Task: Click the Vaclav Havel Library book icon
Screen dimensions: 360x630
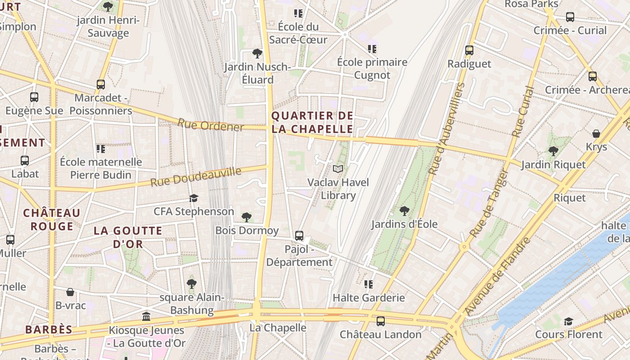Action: point(337,169)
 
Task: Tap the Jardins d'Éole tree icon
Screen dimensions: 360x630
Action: point(404,211)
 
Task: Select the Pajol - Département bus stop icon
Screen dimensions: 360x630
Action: point(299,235)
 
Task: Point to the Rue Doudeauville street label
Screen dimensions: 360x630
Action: point(196,177)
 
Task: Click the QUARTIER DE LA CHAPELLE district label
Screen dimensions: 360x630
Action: point(312,122)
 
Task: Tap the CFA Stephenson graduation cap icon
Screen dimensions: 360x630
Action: point(193,198)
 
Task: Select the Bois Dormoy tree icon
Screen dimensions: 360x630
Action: point(246,217)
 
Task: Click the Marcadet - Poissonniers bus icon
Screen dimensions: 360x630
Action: point(101,84)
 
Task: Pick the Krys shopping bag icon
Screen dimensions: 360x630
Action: point(596,134)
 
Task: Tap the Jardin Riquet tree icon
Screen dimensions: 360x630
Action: point(553,151)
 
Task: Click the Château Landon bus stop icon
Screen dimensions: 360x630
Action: point(380,321)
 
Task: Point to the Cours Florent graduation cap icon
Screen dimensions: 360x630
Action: point(568,321)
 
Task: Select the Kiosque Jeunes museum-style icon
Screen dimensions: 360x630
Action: point(146,317)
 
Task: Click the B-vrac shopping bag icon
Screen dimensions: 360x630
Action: point(70,292)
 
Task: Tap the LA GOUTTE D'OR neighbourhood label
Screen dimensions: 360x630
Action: point(128,238)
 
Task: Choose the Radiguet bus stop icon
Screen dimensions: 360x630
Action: point(469,50)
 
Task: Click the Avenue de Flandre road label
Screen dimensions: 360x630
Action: point(497,277)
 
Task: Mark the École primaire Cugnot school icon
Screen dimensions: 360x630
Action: point(372,49)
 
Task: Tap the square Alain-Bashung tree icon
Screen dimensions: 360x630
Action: point(191,284)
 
